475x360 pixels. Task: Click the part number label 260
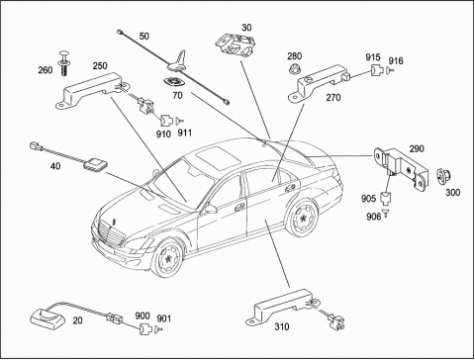tap(46, 70)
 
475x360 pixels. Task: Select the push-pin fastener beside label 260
tap(63, 63)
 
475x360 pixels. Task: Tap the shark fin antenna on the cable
tap(177, 61)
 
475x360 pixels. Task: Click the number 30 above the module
tap(246, 27)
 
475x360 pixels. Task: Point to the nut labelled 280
tap(294, 69)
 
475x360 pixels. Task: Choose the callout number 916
tap(396, 60)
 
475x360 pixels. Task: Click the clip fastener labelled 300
tap(442, 176)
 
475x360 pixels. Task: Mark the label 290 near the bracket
tap(417, 148)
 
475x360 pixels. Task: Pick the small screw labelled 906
tap(386, 212)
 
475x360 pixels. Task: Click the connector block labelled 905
tap(385, 198)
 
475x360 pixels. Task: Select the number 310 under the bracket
tap(282, 326)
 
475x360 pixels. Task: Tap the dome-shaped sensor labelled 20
tap(45, 316)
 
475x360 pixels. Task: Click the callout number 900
tap(142, 315)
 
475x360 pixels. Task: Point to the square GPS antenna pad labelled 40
tap(96, 164)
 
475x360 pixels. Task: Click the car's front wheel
tap(167, 258)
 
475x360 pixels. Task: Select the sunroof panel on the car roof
tap(219, 156)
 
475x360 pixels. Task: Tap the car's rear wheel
tap(302, 217)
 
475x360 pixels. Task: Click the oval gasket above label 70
tap(174, 81)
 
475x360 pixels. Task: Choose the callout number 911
tap(185, 133)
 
